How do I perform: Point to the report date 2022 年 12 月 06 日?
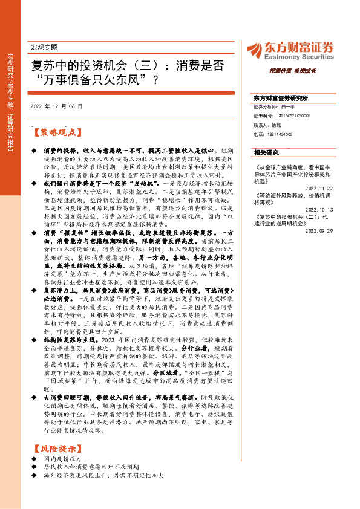[56, 106]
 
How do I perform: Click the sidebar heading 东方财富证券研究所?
[281, 98]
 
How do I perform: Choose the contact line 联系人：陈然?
[269, 125]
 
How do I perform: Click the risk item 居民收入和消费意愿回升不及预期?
[91, 467]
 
